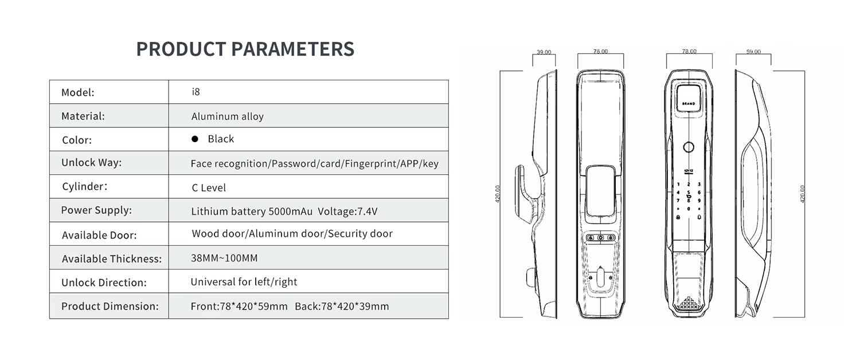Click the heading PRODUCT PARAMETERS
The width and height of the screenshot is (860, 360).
pos(245,49)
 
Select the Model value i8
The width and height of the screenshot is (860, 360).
pos(196,92)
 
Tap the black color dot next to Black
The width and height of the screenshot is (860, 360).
pos(195,139)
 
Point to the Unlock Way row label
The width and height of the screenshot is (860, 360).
pos(91,163)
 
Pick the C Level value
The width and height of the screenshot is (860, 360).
pos(209,187)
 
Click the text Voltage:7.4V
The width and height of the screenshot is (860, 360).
pos(347,212)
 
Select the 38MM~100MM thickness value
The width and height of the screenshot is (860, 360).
pos(224,258)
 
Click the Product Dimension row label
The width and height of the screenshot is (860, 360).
pos(110,306)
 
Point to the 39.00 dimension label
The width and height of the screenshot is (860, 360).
pos(544,52)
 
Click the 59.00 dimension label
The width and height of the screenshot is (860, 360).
pos(753,52)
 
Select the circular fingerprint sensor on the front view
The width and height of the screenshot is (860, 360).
pos(689,147)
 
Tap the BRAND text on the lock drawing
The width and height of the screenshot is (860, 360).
pos(689,104)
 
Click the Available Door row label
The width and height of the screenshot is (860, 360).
pos(99,235)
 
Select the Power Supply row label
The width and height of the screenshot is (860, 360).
pos(96,210)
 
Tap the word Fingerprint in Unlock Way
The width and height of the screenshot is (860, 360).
pos(371,164)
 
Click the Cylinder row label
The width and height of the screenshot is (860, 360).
pos(85,186)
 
